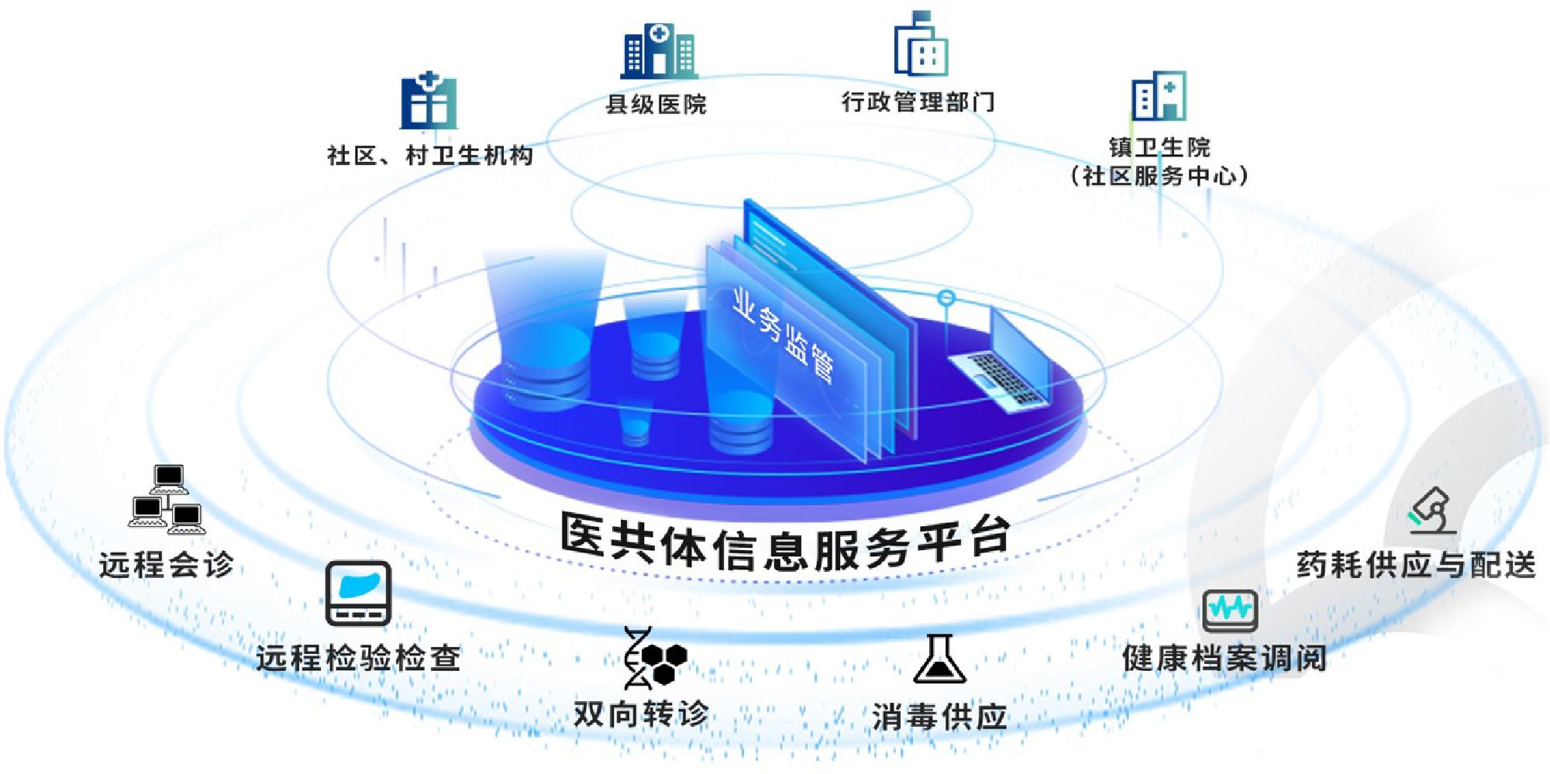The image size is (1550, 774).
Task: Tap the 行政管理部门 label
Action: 918,101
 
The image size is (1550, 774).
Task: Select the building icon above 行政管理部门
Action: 921,44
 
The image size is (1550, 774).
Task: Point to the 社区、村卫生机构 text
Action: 430,156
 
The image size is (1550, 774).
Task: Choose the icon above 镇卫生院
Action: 1159,96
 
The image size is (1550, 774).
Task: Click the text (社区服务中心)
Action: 1159,176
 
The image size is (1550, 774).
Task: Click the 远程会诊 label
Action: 166,564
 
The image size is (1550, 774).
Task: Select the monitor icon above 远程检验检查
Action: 358,593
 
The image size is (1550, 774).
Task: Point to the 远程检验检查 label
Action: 358,658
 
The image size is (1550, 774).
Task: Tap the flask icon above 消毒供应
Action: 939,659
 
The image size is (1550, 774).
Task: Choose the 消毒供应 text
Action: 939,716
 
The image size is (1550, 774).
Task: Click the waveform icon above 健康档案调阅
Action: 1230,611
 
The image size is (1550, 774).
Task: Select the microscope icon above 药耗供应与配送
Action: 1433,511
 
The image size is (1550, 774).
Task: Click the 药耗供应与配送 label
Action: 1416,565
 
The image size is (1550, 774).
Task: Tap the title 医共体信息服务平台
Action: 786,542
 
